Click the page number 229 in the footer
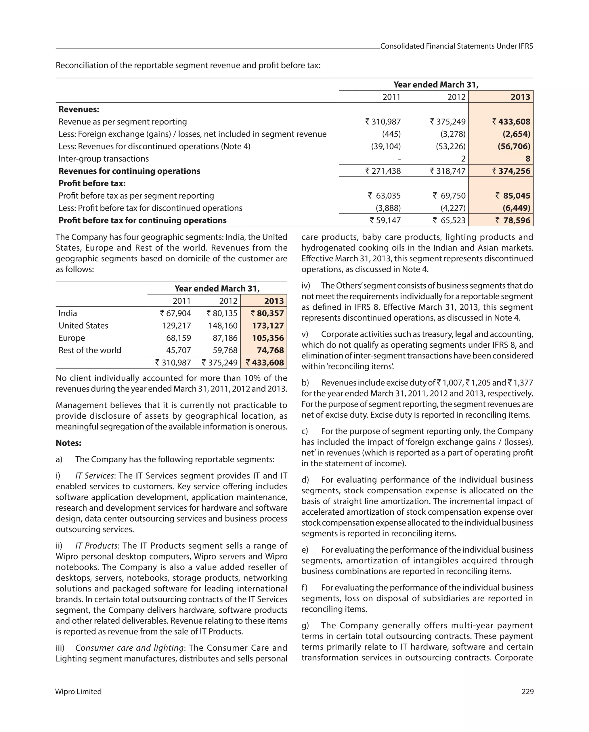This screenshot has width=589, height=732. [x=527, y=691]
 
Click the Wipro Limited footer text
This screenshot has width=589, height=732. [x=79, y=691]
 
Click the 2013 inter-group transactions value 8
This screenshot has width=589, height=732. [x=527, y=158]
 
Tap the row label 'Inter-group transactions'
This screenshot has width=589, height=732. [x=104, y=158]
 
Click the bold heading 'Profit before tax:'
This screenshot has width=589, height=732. [x=92, y=183]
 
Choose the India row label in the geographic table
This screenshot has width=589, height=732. [x=68, y=313]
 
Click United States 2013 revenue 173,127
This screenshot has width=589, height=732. [x=268, y=325]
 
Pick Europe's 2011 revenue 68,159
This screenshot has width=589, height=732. [x=178, y=338]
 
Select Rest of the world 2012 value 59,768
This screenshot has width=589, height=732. [x=223, y=350]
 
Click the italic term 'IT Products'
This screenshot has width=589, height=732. [x=96, y=546]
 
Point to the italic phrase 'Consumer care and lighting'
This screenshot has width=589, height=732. [x=129, y=648]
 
